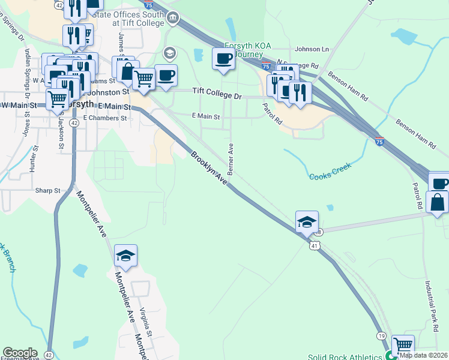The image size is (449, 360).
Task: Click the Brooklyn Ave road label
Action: [209, 167]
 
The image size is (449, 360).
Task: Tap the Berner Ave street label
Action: [231, 157]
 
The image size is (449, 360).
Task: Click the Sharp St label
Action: [48, 190]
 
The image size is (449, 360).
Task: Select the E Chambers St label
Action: [106, 118]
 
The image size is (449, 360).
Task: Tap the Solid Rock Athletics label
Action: [345, 356]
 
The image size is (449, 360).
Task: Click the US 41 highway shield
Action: [314, 245]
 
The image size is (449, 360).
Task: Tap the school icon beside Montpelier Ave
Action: [125, 256]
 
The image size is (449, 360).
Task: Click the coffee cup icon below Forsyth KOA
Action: [224, 59]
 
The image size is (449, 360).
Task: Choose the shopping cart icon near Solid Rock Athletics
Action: [403, 346]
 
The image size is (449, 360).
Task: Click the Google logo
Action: [19, 353]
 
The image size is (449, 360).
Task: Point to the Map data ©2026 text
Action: [424, 355]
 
